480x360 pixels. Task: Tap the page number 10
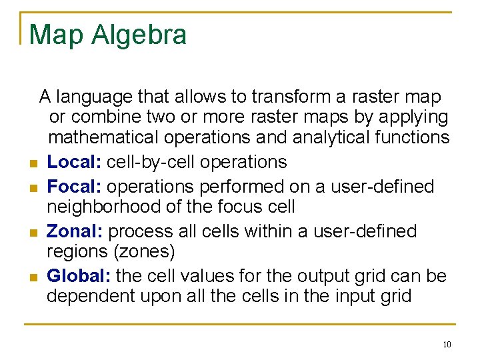446,345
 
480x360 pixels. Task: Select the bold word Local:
74,162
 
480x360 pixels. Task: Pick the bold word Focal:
74,187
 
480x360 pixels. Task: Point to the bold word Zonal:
75,231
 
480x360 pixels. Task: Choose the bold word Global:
79,275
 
